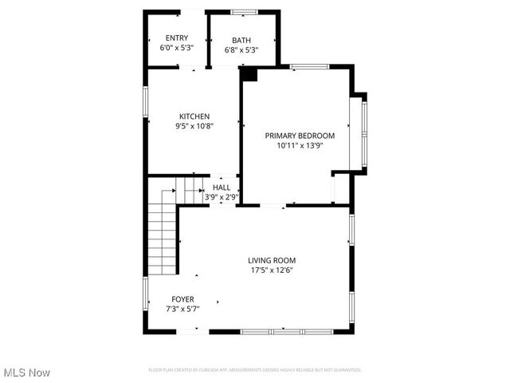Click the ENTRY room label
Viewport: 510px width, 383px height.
tap(176, 38)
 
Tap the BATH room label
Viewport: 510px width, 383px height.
tap(241, 41)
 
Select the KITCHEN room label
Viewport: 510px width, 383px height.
tap(194, 116)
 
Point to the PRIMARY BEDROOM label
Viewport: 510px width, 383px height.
tap(300, 136)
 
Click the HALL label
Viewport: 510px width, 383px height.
tap(222, 188)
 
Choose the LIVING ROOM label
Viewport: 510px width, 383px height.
tap(272, 260)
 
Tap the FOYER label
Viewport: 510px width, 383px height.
tap(182, 299)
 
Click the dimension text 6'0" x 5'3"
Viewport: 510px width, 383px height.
tap(176, 48)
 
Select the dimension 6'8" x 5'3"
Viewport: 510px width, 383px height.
tap(241, 50)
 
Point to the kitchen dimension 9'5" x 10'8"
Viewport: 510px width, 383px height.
tap(194, 126)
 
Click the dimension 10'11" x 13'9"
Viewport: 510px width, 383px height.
tap(300, 146)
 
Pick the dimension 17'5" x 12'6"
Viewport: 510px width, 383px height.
tap(272, 270)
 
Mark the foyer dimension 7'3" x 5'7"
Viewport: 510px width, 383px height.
tap(182, 309)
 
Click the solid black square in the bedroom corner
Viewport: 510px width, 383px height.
tap(249, 74)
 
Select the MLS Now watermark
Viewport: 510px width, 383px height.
tap(27, 373)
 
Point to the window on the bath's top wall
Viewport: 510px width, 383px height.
tap(243, 11)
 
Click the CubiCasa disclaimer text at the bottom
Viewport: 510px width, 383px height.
tap(255, 369)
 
